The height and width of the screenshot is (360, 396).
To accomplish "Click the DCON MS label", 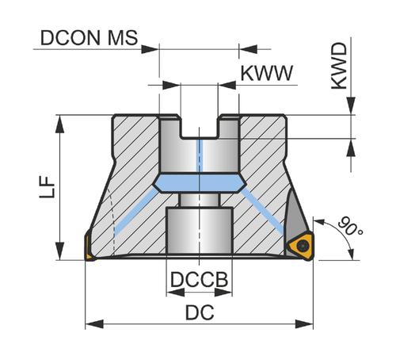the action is pyautogui.click(x=89, y=37).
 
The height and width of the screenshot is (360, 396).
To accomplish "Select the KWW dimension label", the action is pyautogui.click(x=267, y=73).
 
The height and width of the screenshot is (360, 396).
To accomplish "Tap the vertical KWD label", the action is pyautogui.click(x=339, y=66).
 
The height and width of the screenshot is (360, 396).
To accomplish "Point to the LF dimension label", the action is pyautogui.click(x=48, y=187).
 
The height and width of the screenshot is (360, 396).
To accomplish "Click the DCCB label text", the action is pyautogui.click(x=199, y=280).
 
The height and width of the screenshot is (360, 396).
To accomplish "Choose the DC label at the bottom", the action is pyautogui.click(x=200, y=312).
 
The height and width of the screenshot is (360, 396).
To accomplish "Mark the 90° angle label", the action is pyautogui.click(x=350, y=226).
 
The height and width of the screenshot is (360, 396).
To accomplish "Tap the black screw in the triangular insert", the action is pyautogui.click(x=303, y=246).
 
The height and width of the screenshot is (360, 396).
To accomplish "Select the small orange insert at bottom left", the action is pyautogui.click(x=89, y=247).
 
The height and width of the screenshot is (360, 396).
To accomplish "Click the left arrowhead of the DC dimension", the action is pyautogui.click(x=94, y=324).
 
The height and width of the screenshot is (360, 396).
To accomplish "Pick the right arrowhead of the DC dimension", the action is pyautogui.click(x=304, y=324).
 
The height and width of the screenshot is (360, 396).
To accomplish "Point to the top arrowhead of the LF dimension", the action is pyautogui.click(x=60, y=124).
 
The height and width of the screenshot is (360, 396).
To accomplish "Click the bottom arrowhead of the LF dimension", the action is pyautogui.click(x=60, y=251).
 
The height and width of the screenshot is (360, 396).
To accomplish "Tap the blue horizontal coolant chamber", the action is pyautogui.click(x=200, y=183).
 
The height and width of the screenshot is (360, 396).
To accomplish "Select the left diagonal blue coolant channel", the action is pyautogui.click(x=135, y=211).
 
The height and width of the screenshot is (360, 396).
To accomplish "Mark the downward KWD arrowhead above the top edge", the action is pyautogui.click(x=351, y=106).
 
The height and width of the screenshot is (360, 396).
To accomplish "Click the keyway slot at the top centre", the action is pyautogui.click(x=200, y=127).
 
